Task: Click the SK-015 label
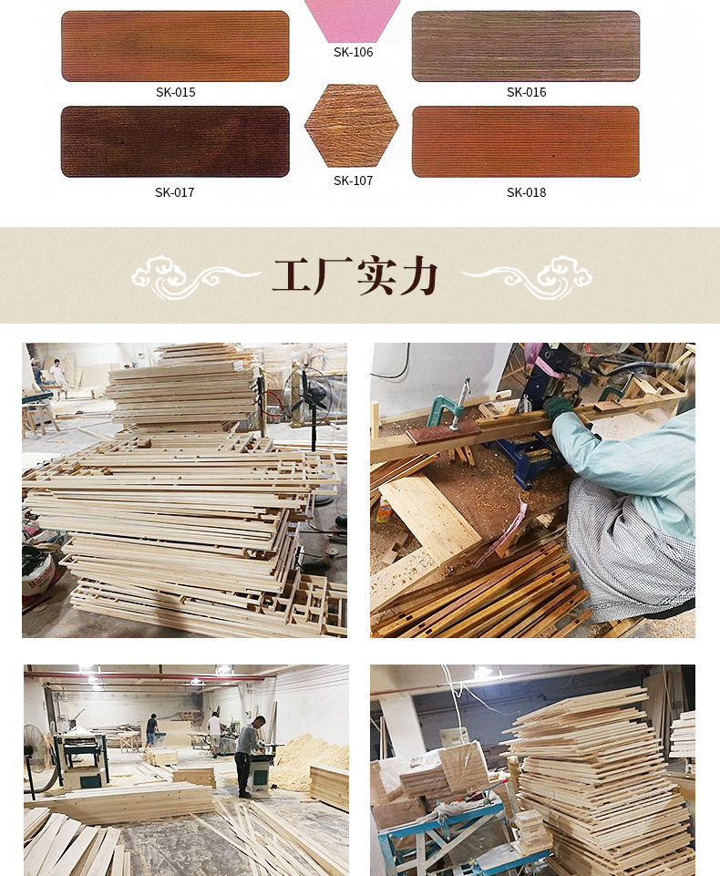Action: [x=175, y=92]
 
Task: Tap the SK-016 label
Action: [x=526, y=92]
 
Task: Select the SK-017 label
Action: [x=175, y=192]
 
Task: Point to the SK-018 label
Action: [x=526, y=192]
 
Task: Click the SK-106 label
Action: [x=353, y=52]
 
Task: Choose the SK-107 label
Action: [x=353, y=180]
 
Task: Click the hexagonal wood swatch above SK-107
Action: [x=352, y=126]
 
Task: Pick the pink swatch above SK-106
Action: [x=352, y=18]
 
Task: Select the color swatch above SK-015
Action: [x=175, y=46]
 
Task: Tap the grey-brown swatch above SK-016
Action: [x=526, y=46]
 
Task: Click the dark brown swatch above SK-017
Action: [x=175, y=141]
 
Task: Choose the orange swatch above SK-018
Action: [x=526, y=141]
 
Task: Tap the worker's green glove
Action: [x=558, y=407]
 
